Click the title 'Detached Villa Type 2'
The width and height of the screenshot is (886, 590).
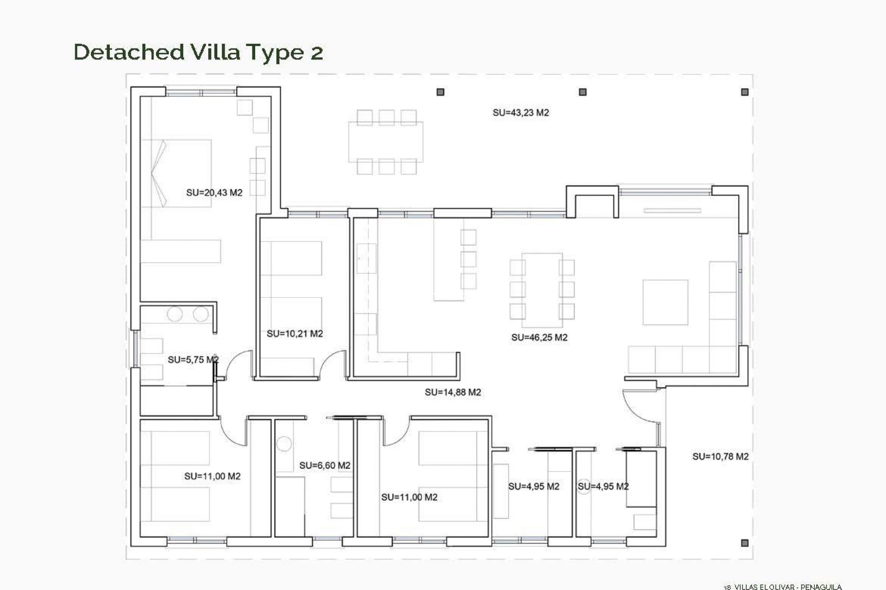coord(198,52)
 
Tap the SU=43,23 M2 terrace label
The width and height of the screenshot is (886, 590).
coord(521,112)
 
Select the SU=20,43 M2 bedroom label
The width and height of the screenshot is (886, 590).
coord(214,193)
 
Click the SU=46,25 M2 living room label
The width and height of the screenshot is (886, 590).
coord(539,337)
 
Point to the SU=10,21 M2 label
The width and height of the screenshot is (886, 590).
coord(294,334)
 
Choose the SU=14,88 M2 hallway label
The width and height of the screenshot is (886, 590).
coord(453,392)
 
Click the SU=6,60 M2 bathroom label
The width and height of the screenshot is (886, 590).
coord(324,466)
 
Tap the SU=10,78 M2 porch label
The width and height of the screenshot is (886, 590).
coord(720,456)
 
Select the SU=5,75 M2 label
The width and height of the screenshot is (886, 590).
coord(193,360)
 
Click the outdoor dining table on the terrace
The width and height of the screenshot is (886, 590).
coord(386,142)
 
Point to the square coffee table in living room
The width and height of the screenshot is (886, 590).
coord(665,302)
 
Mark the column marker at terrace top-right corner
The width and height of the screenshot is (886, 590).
coord(744,92)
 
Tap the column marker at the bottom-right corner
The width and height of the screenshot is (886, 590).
coord(744,543)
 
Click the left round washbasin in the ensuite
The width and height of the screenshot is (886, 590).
coord(175,314)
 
